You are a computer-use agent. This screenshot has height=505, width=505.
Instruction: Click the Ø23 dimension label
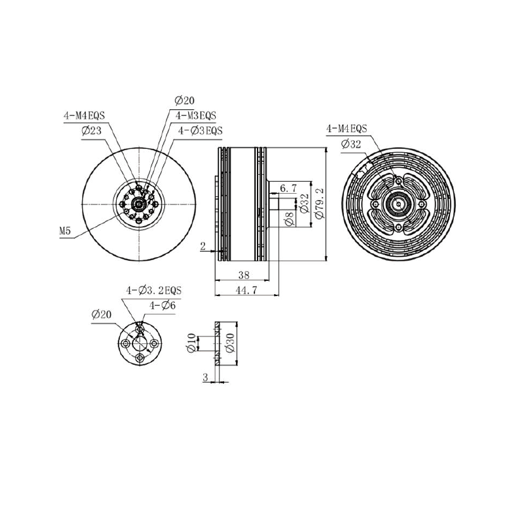pyautogui.click(x=92, y=131)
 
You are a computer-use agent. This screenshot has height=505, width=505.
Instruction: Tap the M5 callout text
pyautogui.click(x=65, y=231)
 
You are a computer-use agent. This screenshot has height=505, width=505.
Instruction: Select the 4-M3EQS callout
pyautogui.click(x=196, y=116)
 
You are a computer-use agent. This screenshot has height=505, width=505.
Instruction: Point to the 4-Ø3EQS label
pyautogui.click(x=200, y=131)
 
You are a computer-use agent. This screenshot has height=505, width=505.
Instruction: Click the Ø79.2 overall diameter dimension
pyautogui.click(x=320, y=204)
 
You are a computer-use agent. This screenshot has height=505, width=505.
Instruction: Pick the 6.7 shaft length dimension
pyautogui.click(x=288, y=188)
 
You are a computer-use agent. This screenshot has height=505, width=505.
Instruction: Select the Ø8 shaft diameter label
pyautogui.click(x=289, y=218)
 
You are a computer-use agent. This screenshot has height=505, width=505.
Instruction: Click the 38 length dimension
pyautogui.click(x=244, y=275)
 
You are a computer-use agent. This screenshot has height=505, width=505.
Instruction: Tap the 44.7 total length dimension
pyautogui.click(x=246, y=290)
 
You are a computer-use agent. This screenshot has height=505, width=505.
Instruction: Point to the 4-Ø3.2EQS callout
pyautogui.click(x=154, y=290)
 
